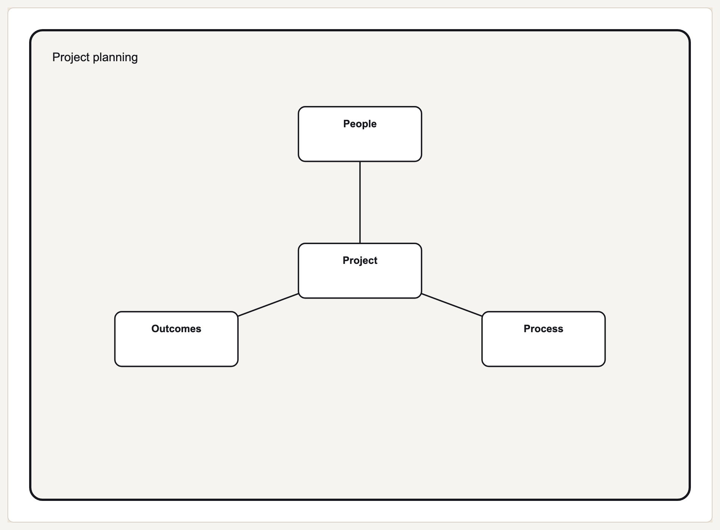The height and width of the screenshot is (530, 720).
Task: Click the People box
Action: [x=360, y=134]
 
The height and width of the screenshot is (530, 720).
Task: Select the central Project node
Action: [x=360, y=271]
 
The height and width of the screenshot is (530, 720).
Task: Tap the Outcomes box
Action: [x=176, y=339]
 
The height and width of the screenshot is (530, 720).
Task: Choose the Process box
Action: [x=543, y=339]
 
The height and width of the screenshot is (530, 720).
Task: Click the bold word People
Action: [x=360, y=124]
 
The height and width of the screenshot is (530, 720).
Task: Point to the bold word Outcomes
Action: [x=176, y=329]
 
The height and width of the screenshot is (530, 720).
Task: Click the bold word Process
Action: [x=543, y=329]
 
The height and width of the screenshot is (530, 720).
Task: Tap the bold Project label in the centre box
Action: [x=360, y=261]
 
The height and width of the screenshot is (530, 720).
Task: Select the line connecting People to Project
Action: [x=360, y=202]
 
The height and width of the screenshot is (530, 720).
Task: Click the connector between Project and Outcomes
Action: [x=268, y=305]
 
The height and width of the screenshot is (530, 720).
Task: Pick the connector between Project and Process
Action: [x=452, y=305]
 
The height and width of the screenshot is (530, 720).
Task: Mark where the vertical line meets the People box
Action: [x=360, y=162]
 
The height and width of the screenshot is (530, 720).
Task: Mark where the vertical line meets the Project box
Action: [x=360, y=243]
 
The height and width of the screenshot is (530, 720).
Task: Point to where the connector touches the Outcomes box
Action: [x=238, y=316]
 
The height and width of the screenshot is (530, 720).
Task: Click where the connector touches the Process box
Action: [x=482, y=316]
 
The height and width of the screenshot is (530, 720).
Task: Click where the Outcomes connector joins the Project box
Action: [x=298, y=294]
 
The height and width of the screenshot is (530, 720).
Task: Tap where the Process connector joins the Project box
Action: [x=422, y=294]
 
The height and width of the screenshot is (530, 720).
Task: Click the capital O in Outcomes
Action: [x=155, y=329]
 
